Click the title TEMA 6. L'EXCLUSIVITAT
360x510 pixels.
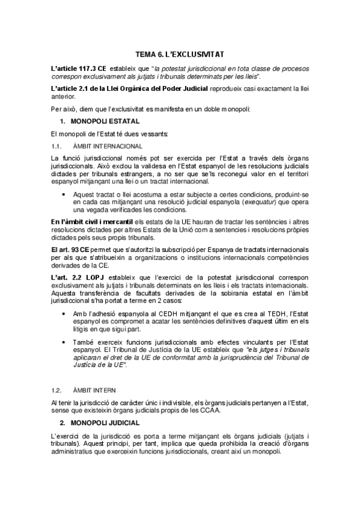pos(180,54)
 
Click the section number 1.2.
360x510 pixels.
pos(58,390)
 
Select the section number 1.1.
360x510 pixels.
pos(58,146)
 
